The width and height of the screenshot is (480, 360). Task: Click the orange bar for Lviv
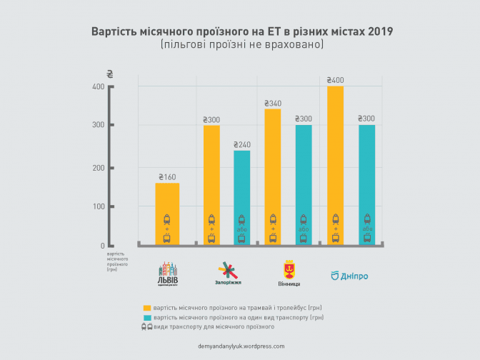tap(167, 214)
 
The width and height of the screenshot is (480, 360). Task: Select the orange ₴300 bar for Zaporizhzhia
tap(211, 186)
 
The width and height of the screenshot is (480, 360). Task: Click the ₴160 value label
tap(167, 176)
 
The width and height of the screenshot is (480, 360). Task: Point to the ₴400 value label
tap(334, 80)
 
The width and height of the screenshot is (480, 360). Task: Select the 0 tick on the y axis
tap(101, 246)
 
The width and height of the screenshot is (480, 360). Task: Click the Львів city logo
tap(168, 273)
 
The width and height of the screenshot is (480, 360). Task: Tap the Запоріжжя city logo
tap(226, 273)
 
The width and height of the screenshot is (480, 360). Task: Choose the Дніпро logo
tap(349, 275)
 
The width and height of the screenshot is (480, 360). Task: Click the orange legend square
tap(147, 306)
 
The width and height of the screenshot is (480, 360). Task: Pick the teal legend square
tap(147, 316)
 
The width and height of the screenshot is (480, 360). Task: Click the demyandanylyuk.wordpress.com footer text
tap(241, 346)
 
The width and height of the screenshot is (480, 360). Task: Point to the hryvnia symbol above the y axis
tap(109, 74)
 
